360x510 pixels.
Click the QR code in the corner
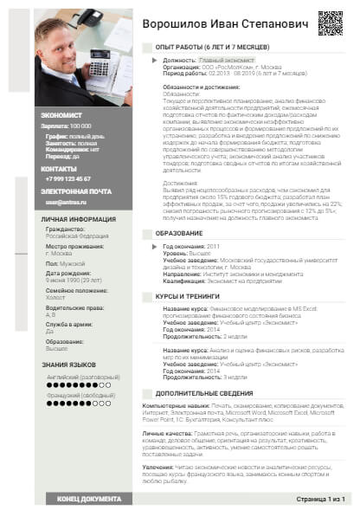point(330,23)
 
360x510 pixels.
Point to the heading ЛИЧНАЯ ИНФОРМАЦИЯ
point(79,220)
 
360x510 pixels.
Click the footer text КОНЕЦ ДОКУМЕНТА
point(88,499)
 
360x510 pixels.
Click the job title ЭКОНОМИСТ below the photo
point(61,114)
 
